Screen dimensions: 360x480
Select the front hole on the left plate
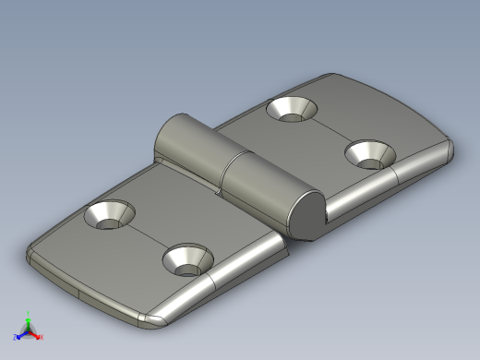point(187,260)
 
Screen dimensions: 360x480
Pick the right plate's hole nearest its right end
point(370,153)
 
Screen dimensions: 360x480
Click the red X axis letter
point(42,337)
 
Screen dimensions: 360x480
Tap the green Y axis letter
point(28,313)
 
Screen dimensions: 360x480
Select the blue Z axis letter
point(15,337)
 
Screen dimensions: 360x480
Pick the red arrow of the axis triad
point(35,335)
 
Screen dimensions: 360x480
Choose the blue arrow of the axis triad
point(20,335)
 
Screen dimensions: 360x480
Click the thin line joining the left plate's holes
point(149,237)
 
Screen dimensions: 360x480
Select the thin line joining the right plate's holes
point(330,130)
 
